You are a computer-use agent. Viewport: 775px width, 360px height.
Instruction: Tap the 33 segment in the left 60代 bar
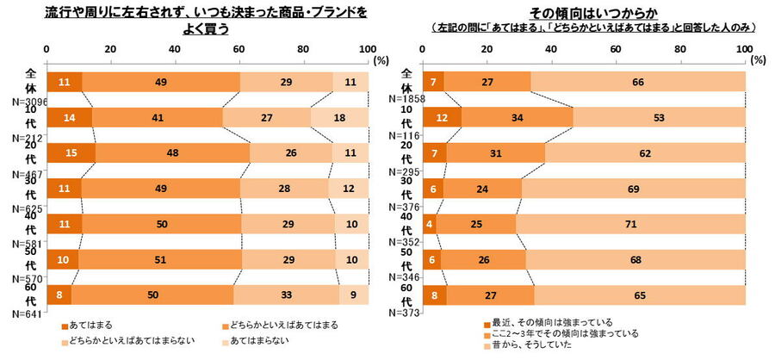pos(286,295)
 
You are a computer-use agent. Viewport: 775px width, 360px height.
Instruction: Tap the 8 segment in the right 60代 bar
pos(435,295)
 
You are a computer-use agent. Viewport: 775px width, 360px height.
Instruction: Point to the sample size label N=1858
pos(401,101)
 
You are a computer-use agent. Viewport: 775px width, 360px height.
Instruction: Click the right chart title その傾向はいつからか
pos(594,12)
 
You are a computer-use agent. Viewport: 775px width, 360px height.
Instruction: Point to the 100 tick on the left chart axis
pos(367,49)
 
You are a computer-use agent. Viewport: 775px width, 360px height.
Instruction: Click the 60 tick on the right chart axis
pos(616,49)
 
